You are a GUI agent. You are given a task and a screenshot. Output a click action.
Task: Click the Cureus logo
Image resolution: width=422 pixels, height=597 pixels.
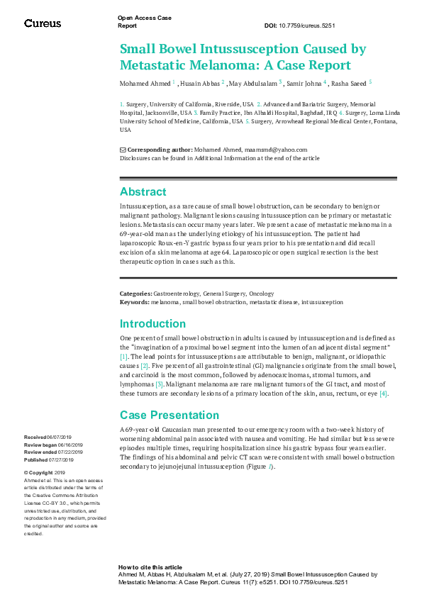pos(43,23)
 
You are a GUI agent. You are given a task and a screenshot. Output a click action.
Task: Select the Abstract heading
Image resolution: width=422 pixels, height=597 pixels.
pos(143,191)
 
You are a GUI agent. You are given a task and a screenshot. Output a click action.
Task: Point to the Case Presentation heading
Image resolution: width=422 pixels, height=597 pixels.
pos(170,415)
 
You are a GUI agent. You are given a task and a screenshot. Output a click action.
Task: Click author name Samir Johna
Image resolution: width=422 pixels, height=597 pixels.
pos(304,83)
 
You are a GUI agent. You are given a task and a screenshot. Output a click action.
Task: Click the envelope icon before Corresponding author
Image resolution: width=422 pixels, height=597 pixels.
pos(123,150)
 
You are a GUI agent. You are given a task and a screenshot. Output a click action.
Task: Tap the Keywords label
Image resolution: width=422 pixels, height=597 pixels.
pos(134,302)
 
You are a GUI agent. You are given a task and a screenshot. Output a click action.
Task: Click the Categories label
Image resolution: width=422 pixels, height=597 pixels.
pos(135,293)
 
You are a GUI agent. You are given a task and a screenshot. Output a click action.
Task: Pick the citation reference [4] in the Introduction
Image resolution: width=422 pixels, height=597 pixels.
pos(384,394)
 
